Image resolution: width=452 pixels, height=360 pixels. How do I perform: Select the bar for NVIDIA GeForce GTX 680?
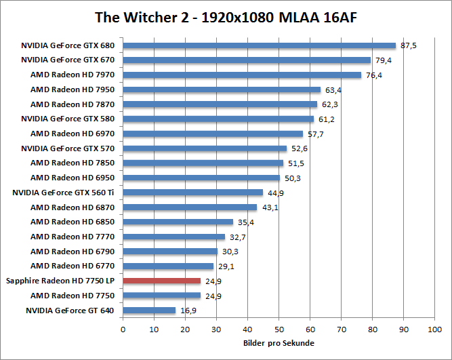259,45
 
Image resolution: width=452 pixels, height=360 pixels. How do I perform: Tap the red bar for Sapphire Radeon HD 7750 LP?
162,281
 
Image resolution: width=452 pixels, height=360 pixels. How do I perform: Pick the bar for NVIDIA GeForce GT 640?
149,311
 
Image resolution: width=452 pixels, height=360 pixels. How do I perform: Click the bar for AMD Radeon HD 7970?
242,75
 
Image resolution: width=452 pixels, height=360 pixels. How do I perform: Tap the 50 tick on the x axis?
279,329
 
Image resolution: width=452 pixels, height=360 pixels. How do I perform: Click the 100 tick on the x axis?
434,329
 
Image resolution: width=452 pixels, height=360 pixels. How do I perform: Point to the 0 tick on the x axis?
123,329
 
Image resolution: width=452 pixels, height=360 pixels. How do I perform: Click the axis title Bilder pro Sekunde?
278,343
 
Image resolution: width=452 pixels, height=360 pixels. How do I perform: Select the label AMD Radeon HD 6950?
73,178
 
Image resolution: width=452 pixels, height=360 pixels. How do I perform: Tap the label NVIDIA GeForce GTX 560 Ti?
64,193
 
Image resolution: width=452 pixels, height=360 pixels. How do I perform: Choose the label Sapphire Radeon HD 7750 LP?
60,281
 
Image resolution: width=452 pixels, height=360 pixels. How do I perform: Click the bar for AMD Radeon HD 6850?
178,222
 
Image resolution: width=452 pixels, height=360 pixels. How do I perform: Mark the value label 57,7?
315,134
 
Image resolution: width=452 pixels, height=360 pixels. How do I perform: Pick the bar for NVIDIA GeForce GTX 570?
205,148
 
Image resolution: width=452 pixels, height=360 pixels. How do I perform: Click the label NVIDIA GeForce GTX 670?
68,60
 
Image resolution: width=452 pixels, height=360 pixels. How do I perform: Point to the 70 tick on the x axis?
341,329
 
